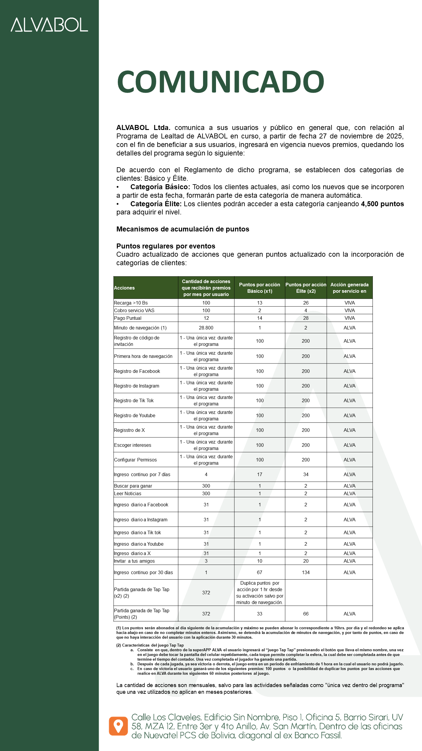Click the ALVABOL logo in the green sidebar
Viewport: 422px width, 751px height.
tap(49, 25)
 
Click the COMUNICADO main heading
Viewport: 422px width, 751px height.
tap(220, 82)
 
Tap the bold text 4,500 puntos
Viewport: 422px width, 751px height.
tap(382, 204)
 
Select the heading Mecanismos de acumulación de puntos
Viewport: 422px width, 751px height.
tap(183, 229)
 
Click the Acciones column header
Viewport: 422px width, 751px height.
tap(124, 288)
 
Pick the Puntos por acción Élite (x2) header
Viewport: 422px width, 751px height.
tap(306, 288)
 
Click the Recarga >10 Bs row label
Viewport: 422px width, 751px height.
tap(131, 303)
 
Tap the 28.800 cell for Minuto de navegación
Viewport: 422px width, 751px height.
tap(206, 328)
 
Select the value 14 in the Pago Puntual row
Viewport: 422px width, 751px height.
tap(259, 318)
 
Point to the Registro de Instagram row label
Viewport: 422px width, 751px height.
tap(137, 386)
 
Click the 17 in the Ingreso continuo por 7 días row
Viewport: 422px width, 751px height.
tap(259, 474)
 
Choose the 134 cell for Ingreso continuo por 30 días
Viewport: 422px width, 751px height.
tap(306, 572)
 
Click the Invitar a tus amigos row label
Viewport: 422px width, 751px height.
tap(134, 561)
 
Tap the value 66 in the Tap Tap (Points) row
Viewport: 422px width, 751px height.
tap(306, 614)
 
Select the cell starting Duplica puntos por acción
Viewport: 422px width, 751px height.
tap(259, 593)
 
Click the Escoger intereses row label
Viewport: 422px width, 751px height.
tap(132, 445)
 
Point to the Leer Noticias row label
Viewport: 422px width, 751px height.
tap(127, 493)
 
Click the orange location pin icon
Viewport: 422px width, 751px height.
tap(118, 726)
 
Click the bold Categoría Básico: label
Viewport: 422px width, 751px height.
tap(160, 187)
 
